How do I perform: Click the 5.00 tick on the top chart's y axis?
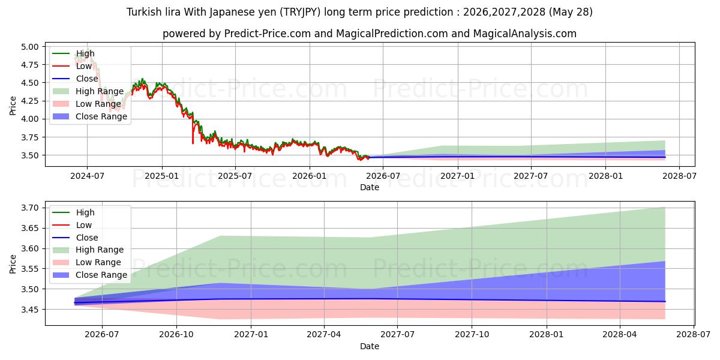29,47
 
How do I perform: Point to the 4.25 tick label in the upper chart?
29,101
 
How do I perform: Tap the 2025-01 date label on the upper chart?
161,176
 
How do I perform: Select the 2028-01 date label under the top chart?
605,176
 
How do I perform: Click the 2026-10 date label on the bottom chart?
176,335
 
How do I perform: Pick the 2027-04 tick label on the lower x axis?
323,335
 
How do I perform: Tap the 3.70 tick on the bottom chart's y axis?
29,208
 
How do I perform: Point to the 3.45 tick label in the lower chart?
29,310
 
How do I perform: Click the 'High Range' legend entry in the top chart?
88,91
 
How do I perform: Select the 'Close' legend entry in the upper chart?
75,79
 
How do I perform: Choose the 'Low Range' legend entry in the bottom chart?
87,262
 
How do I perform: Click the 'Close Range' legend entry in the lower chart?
89,275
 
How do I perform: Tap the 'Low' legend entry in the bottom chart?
72,225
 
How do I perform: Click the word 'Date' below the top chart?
370,187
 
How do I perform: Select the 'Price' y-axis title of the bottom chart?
13,264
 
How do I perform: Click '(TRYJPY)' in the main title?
300,12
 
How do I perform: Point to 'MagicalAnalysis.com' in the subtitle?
524,34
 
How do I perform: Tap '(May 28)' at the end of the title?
571,12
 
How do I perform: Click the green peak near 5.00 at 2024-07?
88,49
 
